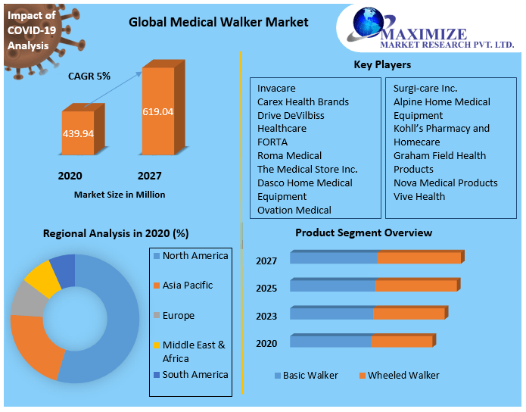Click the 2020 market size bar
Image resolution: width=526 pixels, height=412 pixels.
click(78, 134)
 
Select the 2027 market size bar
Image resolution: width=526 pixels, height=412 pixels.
click(157, 112)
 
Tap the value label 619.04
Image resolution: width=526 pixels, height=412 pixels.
click(157, 112)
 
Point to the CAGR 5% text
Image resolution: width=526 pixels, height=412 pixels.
click(89, 76)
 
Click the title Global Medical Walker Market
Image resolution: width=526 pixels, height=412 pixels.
click(219, 22)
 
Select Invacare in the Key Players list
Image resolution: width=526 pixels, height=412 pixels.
click(276, 88)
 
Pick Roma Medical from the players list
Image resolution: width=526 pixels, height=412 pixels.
click(289, 155)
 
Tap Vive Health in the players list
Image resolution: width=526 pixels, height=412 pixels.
click(419, 196)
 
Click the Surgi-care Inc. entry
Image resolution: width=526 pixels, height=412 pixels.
click(425, 88)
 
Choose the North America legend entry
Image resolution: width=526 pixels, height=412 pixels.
click(195, 256)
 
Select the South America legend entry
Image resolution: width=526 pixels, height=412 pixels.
click(195, 374)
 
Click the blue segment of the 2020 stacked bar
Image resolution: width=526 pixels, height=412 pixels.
click(331, 342)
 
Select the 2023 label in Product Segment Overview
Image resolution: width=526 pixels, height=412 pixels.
click(266, 316)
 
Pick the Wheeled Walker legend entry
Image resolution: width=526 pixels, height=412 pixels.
click(403, 376)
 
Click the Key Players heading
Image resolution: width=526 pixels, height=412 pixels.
click(382, 65)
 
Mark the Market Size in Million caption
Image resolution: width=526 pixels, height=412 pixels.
click(120, 195)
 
